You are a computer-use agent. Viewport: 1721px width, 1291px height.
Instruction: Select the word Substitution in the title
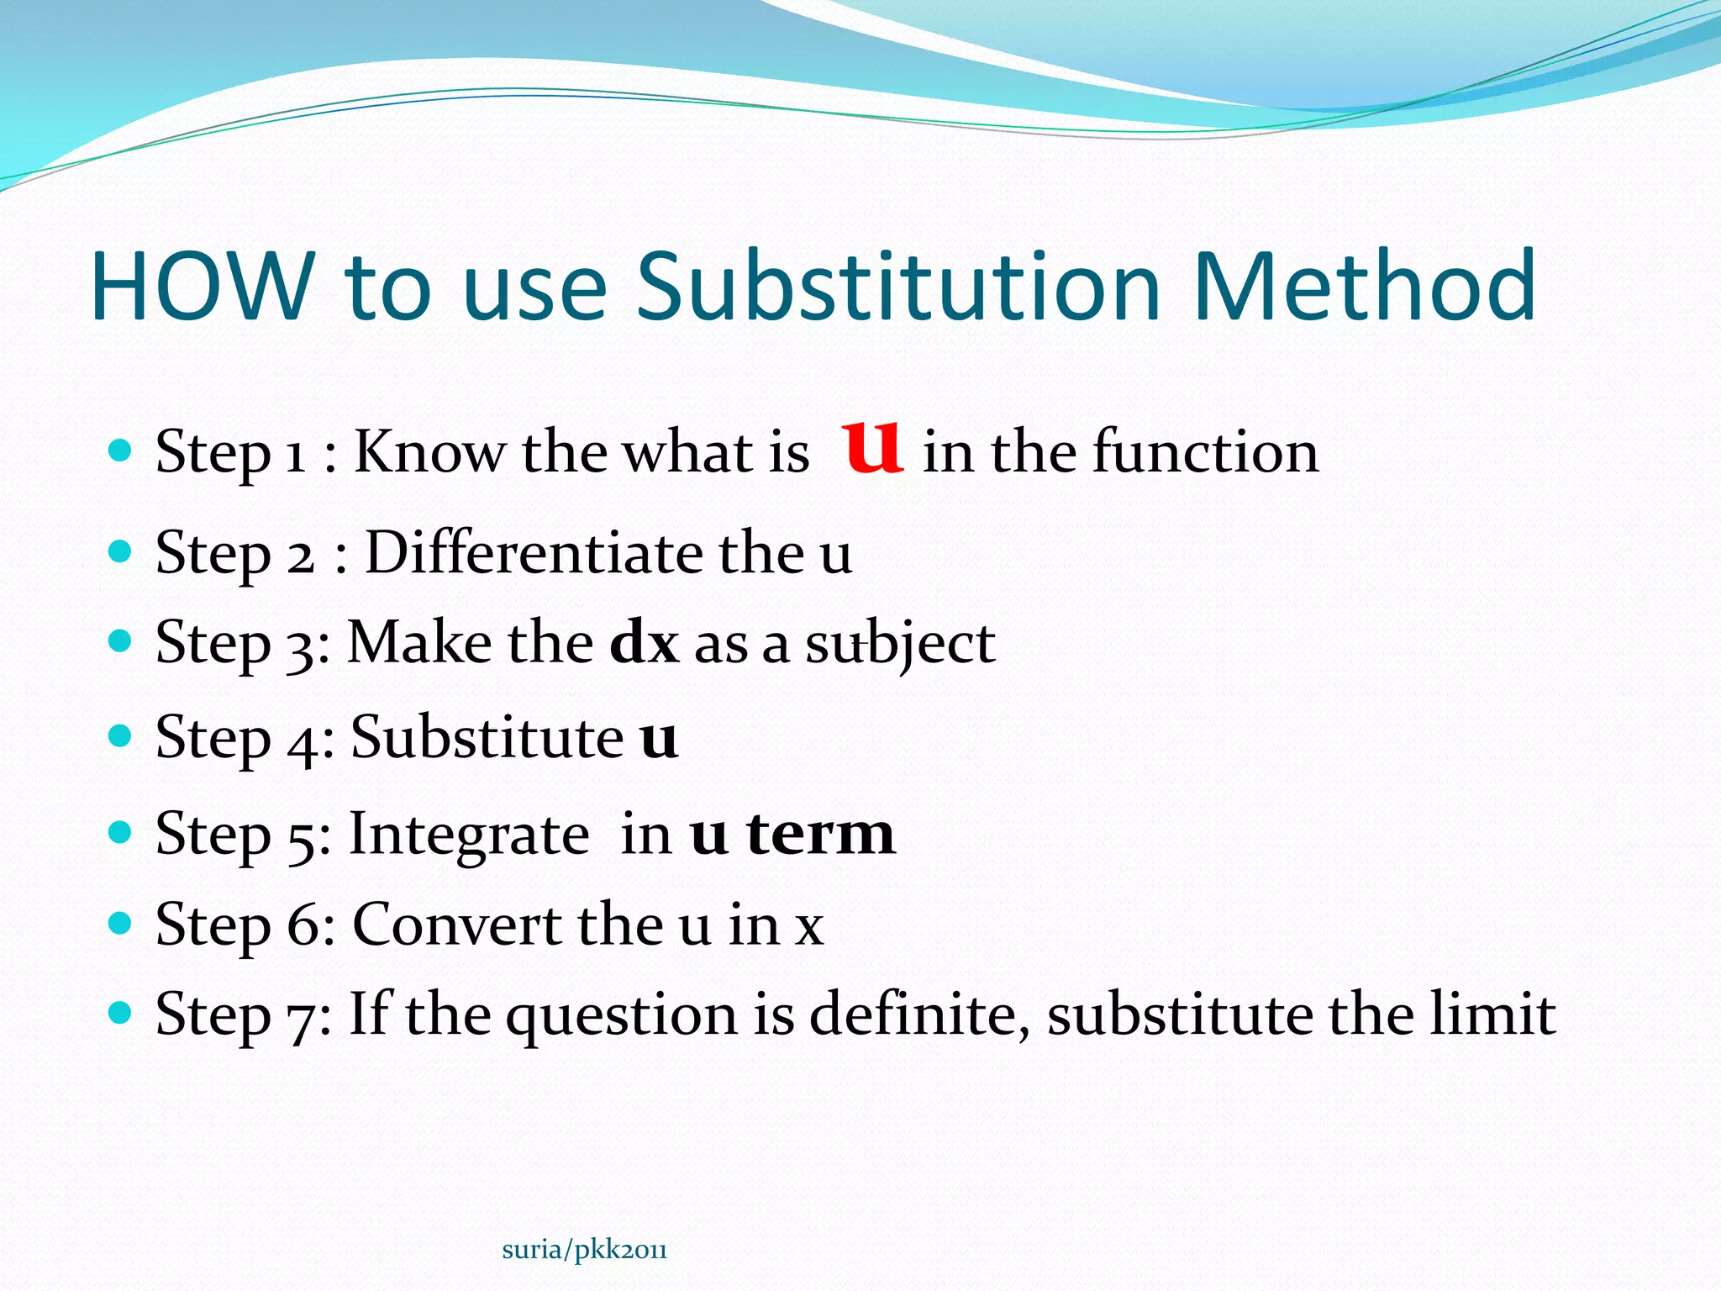point(897,287)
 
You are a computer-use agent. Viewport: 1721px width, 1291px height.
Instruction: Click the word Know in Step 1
point(429,452)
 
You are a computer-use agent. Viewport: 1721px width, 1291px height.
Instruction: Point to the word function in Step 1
point(1205,452)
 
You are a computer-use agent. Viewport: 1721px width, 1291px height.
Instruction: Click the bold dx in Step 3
point(644,643)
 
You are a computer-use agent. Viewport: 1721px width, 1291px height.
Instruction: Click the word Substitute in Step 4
point(487,737)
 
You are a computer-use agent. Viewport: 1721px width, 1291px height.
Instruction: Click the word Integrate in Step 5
point(469,834)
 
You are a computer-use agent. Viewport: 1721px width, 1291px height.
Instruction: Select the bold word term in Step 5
point(820,834)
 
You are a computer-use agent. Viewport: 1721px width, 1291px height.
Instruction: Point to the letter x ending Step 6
point(809,928)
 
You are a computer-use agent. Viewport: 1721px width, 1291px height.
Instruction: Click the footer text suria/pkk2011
point(584,1250)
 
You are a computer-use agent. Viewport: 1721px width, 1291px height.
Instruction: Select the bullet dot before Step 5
point(121,832)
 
